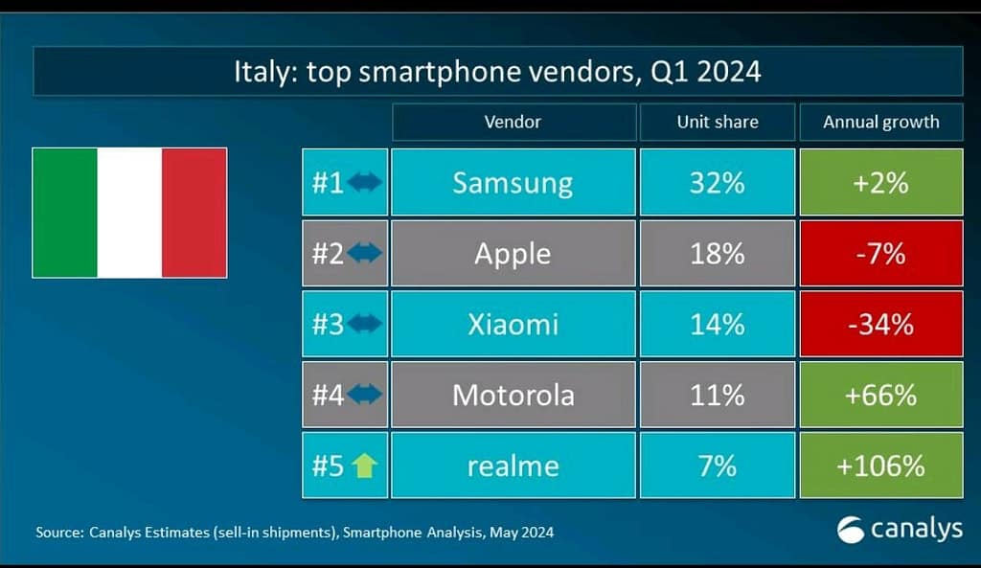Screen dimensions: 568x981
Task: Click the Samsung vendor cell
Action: point(513,182)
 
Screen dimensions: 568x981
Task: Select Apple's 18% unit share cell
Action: point(717,254)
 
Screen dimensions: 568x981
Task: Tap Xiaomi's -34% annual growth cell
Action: point(880,324)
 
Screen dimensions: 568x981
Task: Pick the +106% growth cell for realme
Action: point(880,466)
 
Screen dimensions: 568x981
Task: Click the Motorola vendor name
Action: point(513,395)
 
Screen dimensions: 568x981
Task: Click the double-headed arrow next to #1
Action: point(365,182)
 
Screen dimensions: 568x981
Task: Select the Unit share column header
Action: point(717,122)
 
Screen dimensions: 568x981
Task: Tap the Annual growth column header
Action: point(880,122)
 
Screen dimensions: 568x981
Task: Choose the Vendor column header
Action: point(513,122)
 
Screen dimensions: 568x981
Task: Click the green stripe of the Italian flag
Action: point(65,213)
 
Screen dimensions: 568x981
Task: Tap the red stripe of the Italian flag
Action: point(194,213)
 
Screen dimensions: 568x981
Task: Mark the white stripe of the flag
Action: point(129,213)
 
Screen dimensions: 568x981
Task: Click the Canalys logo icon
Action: point(850,530)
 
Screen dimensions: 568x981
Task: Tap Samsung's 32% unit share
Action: point(717,182)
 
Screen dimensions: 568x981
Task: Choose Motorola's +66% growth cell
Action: point(880,395)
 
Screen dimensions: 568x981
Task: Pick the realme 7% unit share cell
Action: point(717,466)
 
